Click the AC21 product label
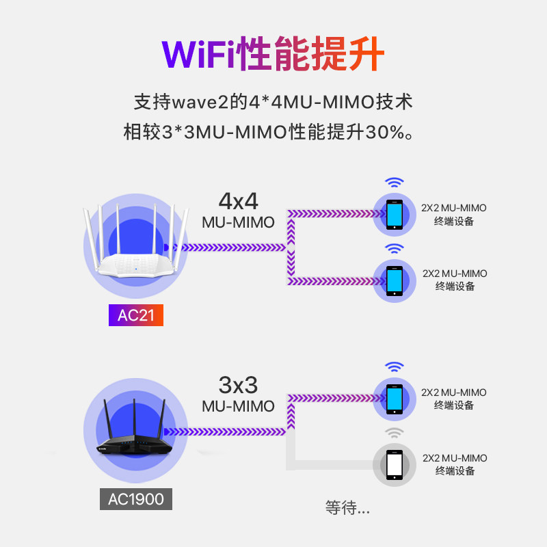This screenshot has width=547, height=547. point(136,315)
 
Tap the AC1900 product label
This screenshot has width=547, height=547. point(136,499)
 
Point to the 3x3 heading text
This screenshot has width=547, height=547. point(238,384)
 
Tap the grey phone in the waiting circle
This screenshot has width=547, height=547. point(395,465)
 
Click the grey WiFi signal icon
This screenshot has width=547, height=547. point(394,433)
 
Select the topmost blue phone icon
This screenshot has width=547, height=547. point(395,214)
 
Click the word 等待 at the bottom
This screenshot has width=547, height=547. point(341,507)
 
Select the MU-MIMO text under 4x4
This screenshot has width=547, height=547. point(238,222)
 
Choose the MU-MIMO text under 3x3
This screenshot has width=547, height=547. point(238,406)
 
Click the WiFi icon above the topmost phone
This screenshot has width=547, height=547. point(394,183)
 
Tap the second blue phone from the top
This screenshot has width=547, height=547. point(395,280)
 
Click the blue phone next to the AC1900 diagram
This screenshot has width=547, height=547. point(395,399)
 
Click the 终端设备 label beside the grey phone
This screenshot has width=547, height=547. point(454,471)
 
